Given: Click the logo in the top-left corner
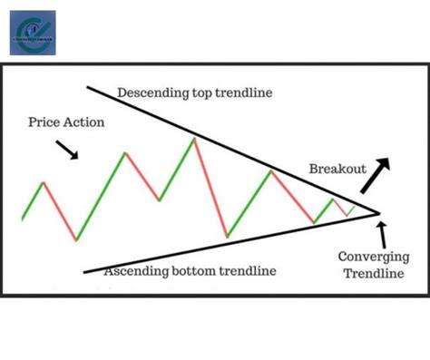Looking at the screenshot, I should coord(32,33).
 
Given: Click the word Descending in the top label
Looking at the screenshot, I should coord(150,92).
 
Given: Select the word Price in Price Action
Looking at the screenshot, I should coord(45,122).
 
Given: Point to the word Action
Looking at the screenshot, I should coord(85,122).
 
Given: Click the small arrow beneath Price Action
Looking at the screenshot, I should coord(68,150).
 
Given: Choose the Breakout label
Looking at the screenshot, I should coord(337,169).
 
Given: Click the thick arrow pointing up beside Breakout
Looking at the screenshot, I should coord(374,176).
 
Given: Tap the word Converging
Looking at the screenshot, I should coord(369,257).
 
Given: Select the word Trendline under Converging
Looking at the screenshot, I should coord(370,273).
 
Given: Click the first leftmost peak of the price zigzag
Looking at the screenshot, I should coord(43,183).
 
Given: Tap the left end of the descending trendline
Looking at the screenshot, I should coord(87,87).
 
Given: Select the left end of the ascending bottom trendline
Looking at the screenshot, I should coord(83,271).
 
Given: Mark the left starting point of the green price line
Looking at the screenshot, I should coord(22,219).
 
